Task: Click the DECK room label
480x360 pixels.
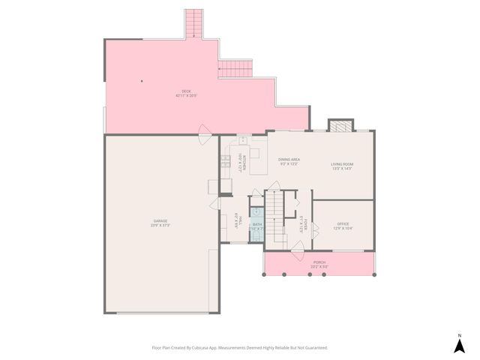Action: pos(186,91)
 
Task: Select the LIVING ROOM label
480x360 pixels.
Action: pos(342,163)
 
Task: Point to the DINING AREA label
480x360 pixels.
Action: pos(289,159)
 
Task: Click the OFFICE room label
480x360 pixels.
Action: pos(343,223)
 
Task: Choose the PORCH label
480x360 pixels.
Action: pos(319,262)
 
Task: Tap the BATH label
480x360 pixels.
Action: pos(256,224)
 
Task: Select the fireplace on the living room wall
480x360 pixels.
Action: pos(340,125)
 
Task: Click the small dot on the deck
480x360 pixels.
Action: pos(140,81)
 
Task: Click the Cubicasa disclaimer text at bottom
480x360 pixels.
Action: pos(239,348)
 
